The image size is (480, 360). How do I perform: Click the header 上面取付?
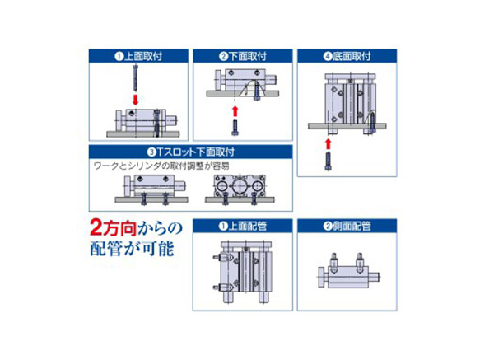point(138,56)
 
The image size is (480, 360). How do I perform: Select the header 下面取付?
point(243,56)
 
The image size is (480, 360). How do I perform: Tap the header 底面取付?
point(347,56)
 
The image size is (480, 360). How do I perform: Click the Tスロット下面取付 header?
point(191,152)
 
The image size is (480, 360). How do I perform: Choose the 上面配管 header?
point(243,226)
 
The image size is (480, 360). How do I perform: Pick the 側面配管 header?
point(347,226)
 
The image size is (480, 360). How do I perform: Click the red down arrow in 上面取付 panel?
point(135,100)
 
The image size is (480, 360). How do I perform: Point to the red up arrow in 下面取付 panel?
point(235,111)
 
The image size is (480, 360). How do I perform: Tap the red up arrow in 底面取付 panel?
point(328,144)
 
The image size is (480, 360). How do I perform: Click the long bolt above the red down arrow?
point(135,78)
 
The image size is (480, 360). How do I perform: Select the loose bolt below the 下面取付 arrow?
point(235,127)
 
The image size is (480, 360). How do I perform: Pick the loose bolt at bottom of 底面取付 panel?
point(328,161)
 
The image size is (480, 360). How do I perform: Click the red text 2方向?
point(113,228)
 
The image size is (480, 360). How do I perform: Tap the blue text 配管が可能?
point(133,249)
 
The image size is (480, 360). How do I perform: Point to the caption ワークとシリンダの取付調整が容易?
point(161,166)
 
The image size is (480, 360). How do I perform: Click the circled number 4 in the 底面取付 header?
point(328,57)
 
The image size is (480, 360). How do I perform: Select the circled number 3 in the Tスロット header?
point(151,152)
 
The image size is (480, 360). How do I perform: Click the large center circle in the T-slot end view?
point(239,186)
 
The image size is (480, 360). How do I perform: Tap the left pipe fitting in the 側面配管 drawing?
point(334,262)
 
